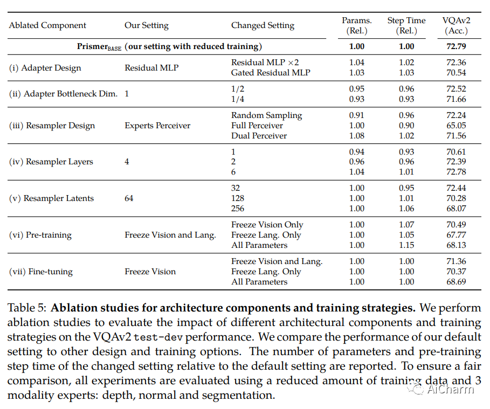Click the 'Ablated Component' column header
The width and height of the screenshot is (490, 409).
tap(47, 25)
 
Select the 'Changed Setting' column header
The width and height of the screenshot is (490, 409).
tap(263, 25)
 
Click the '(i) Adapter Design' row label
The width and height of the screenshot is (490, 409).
tap(45, 68)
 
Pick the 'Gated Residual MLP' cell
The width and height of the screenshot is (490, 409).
tap(271, 73)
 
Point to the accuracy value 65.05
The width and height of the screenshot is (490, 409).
tap(454, 126)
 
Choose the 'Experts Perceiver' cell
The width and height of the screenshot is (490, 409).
tap(157, 126)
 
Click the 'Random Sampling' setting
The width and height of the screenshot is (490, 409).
tap(266, 115)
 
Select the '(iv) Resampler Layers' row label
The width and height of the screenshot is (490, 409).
tap(51, 162)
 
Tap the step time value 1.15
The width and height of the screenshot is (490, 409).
tap(406, 245)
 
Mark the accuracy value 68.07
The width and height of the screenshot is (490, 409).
tap(454, 209)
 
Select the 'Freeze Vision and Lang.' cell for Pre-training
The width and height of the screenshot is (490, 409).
tap(170, 235)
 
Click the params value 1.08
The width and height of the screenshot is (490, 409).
tap(356, 136)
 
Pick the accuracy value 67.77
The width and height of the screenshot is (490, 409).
tap(454, 235)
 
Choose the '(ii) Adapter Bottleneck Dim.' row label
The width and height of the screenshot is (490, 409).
tap(63, 94)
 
